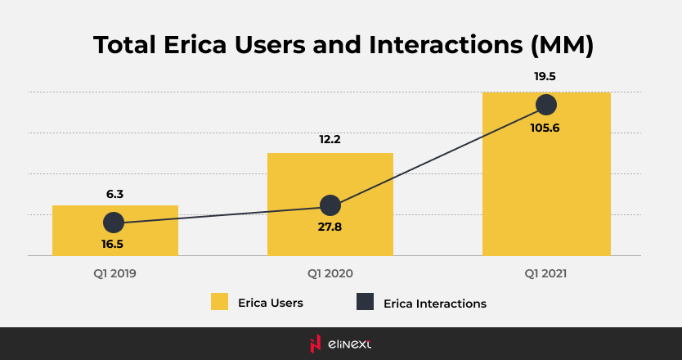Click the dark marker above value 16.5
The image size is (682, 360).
coord(114,222)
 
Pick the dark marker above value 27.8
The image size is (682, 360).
coord(330,205)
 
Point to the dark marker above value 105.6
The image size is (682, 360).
coord(546,105)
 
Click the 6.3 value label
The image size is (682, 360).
coord(115,195)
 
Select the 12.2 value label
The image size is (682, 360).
coord(330,139)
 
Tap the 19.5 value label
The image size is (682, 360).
coord(545,76)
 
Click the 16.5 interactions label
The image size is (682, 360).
coord(114,243)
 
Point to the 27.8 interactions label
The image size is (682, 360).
coord(330,226)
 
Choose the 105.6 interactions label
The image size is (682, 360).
coord(545,127)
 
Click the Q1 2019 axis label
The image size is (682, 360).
coord(115,273)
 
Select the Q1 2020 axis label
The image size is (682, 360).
coord(330,273)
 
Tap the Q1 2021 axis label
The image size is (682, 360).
coord(545,273)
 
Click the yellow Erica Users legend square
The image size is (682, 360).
coord(219,302)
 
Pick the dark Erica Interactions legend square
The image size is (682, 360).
coord(366,302)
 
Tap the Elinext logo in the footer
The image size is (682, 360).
coord(341,344)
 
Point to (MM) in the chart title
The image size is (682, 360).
coord(561,45)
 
